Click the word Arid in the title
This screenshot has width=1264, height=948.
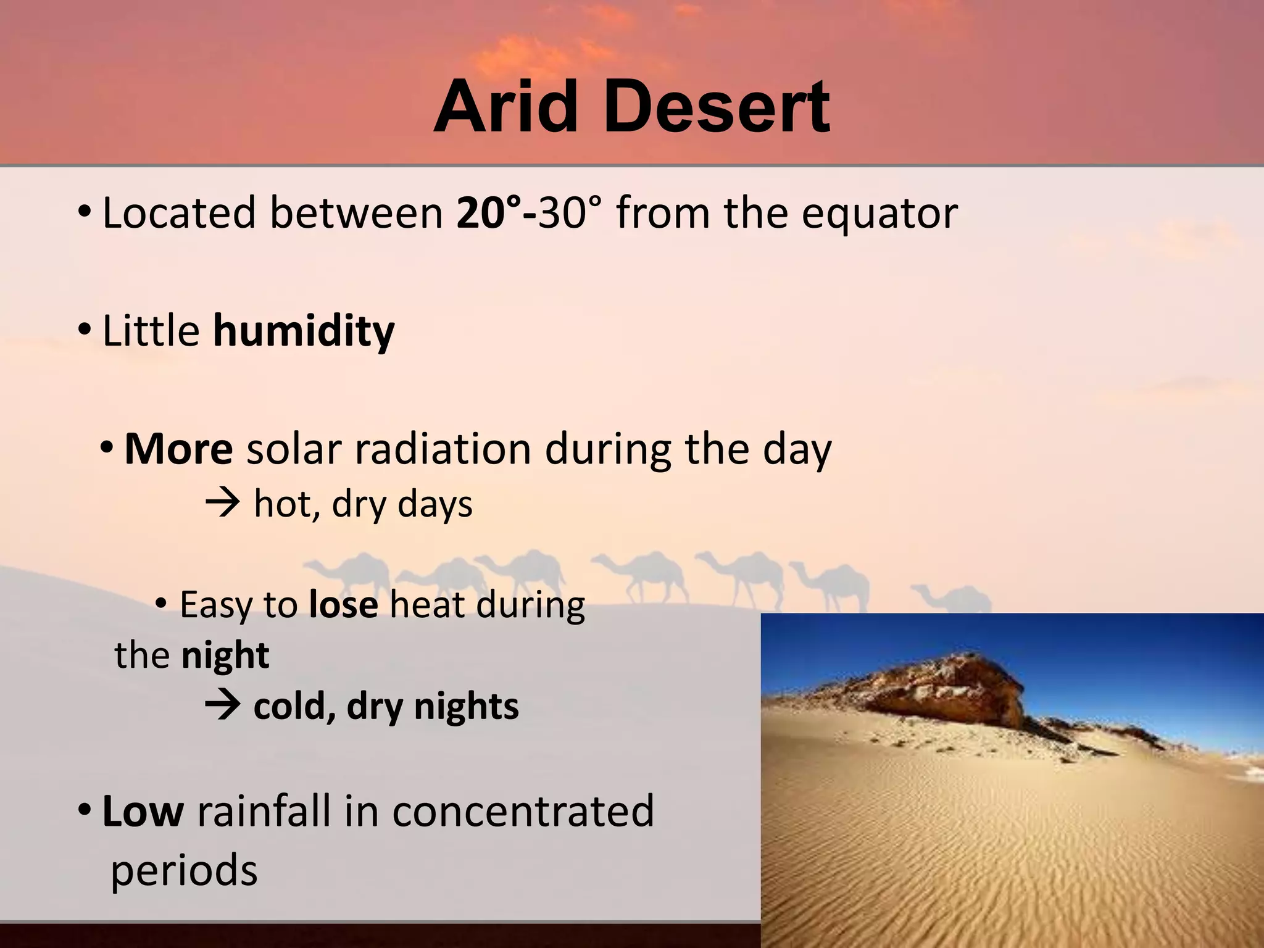[506, 108]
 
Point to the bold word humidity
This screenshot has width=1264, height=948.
[304, 332]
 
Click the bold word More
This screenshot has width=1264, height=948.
[178, 449]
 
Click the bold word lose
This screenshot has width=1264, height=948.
[343, 605]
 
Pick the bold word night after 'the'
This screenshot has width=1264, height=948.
[225, 655]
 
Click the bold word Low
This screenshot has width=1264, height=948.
[143, 812]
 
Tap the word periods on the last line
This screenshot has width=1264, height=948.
[184, 870]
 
